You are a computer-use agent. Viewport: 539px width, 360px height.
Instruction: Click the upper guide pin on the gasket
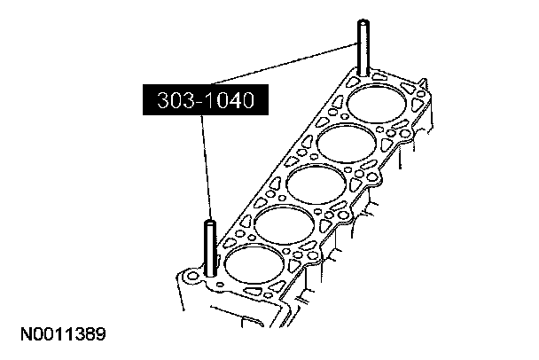click(x=363, y=48)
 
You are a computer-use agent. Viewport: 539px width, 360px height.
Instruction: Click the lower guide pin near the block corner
click(x=210, y=248)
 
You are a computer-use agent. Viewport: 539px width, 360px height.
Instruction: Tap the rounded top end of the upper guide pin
click(x=363, y=22)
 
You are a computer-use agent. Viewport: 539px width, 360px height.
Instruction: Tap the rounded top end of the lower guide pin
click(x=210, y=223)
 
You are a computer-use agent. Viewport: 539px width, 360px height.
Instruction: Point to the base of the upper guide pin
click(x=363, y=74)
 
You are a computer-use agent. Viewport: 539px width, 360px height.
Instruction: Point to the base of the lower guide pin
click(x=210, y=274)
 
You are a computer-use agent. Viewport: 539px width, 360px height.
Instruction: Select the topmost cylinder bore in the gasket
click(x=377, y=103)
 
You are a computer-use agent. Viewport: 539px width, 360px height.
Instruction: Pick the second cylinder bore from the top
click(x=347, y=143)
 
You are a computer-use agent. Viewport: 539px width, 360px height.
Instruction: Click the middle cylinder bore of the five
click(x=316, y=184)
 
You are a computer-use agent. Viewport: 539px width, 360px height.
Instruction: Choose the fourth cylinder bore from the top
click(x=285, y=224)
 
